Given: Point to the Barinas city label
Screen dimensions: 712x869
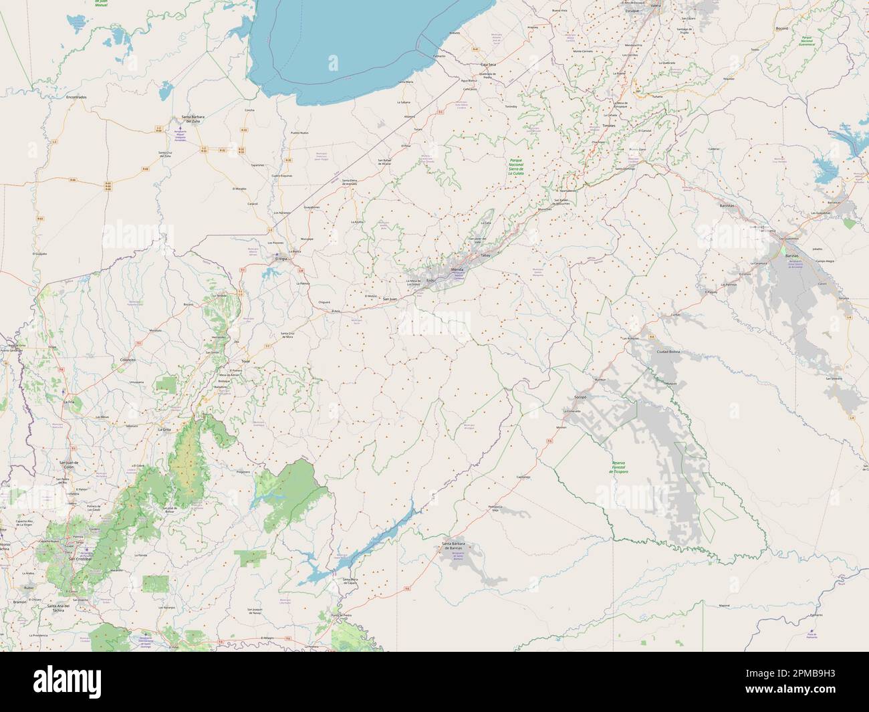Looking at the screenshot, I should tap(792, 256).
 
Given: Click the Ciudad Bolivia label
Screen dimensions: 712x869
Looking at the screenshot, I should tap(668, 351).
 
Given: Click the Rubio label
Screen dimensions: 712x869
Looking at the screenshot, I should tap(28, 588).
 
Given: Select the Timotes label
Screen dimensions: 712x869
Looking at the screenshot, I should tap(608, 125).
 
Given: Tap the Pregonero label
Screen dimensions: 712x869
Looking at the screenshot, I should tap(243, 472).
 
